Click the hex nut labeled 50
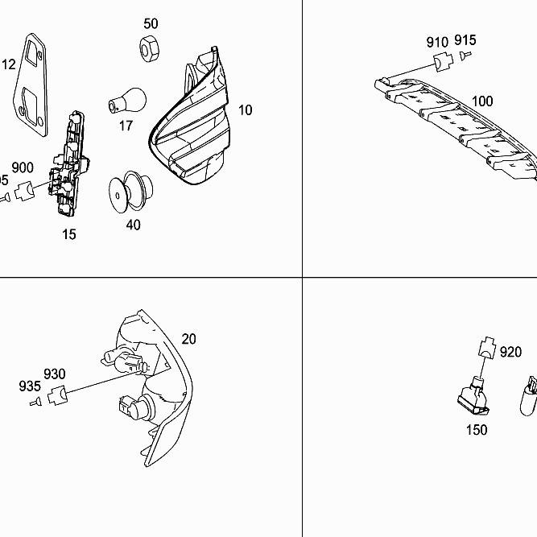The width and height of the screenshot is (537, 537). click(149, 48)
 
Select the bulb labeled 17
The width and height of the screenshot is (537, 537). click(128, 101)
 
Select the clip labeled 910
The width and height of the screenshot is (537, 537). click(440, 61)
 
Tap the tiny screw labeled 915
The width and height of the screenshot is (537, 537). click(466, 55)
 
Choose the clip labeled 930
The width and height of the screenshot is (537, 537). click(56, 394)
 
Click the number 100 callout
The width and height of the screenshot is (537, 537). click(482, 101)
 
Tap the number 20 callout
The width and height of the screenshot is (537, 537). click(188, 339)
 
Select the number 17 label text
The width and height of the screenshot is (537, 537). click(126, 126)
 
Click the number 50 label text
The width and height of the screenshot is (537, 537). click(151, 23)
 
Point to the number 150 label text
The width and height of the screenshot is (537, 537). click(477, 430)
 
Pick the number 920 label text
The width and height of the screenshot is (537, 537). click(510, 352)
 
